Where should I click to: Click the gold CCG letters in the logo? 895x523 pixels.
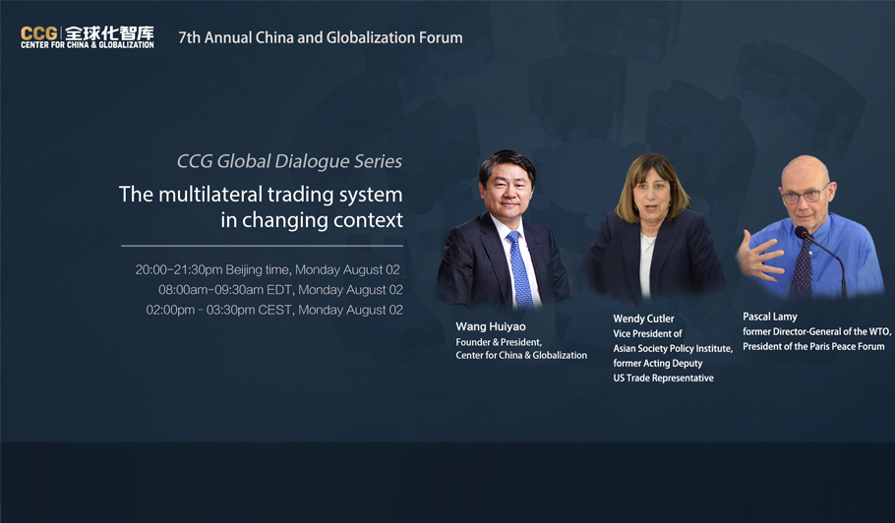coord(38,33)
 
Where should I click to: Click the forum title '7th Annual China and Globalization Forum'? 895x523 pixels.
coord(321,37)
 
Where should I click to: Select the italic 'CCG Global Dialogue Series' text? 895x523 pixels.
coord(289,161)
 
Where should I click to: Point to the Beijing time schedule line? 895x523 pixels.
coord(268,269)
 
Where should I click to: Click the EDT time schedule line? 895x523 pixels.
coord(280,290)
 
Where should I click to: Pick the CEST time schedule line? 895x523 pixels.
coord(274,310)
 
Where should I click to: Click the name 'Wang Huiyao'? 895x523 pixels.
coord(491,326)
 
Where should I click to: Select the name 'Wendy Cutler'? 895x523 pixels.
coord(643,319)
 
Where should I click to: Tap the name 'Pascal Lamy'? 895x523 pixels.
coord(769,317)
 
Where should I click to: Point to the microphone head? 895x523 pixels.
coord(802,232)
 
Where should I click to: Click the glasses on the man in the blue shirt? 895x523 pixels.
coord(805,195)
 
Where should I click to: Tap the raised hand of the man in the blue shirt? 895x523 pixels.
coord(758,257)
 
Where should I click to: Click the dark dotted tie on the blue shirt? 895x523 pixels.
coord(803,265)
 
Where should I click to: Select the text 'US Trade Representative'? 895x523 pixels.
coord(663,378)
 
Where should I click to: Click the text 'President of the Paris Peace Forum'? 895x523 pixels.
coord(813,346)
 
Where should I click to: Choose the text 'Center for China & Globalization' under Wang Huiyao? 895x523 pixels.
coord(521,355)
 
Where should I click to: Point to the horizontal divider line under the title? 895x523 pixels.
coord(262,246)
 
